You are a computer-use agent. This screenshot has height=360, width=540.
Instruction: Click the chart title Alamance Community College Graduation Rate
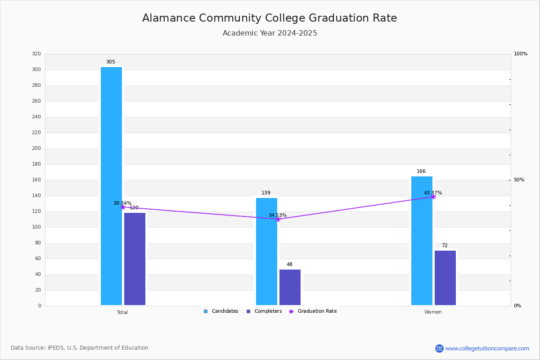270,18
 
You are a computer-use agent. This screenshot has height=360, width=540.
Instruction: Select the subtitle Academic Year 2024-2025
270,33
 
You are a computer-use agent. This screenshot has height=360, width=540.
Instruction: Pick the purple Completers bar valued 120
135,259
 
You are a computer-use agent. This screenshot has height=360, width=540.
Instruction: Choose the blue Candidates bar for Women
422,241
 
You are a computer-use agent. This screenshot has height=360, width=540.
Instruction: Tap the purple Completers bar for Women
445,278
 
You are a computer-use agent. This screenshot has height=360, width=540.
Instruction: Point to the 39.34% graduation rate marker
122,207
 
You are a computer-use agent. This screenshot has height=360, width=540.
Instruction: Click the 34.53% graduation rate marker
278,219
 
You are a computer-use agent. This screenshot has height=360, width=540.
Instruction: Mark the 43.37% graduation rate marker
433,197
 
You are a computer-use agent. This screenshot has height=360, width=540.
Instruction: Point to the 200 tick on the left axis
36,148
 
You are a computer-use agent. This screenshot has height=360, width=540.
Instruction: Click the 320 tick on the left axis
36,54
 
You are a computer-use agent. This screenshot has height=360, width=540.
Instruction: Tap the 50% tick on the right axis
519,180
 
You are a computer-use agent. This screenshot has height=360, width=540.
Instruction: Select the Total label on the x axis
122,312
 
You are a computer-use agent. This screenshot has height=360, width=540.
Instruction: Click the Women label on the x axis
433,312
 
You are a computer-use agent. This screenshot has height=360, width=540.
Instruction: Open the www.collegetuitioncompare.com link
487,348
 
